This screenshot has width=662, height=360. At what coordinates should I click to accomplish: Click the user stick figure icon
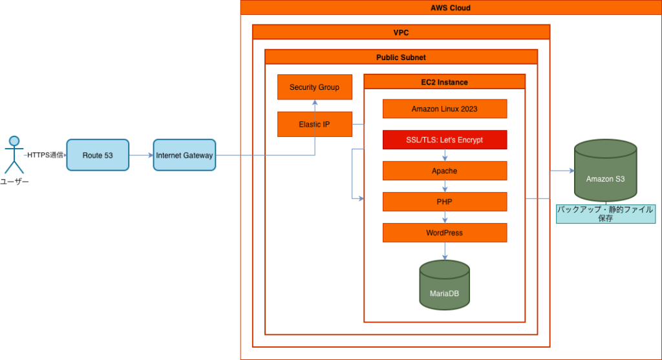14,155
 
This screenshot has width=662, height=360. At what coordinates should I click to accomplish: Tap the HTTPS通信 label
45,155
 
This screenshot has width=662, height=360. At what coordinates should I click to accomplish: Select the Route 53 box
98,155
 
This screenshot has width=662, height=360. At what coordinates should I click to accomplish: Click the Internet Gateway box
184,155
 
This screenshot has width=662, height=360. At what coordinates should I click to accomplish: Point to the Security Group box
315,87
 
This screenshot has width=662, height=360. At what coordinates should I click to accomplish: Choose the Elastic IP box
315,124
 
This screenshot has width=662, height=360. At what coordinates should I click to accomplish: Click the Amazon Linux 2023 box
444,109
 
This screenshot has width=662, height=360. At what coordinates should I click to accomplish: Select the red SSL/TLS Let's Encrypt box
444,140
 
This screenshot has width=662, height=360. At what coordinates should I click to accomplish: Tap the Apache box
444,171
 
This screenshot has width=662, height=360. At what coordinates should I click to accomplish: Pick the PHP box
444,202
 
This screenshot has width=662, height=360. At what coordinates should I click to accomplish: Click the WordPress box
444,233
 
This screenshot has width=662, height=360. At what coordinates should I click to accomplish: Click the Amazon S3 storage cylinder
605,173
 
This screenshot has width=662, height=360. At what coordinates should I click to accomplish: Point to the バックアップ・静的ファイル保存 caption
606,214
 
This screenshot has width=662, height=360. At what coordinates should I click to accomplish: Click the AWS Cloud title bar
451,8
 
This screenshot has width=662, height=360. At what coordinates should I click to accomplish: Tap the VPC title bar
401,32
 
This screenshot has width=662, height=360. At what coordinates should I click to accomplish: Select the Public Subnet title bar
401,57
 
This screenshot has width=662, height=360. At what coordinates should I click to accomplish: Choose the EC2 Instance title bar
444,82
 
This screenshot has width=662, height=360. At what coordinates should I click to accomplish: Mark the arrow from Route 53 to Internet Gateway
141,155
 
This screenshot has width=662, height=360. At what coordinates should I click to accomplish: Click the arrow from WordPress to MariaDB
444,251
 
